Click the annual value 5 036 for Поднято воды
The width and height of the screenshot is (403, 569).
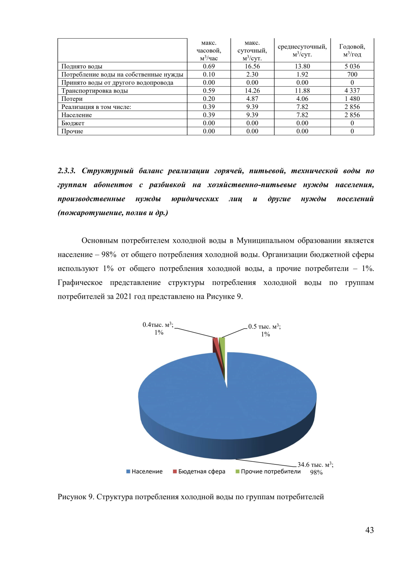pos(352,66)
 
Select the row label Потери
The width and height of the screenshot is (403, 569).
pos(72,99)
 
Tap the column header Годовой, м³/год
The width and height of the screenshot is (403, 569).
pos(352,50)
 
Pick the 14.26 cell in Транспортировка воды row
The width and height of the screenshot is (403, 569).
pos(252,91)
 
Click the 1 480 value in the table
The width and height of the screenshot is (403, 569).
pos(352,99)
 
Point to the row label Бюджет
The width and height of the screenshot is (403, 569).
pos(73,123)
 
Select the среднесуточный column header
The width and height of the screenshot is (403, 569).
pos(302,50)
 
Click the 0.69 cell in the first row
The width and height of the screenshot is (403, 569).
pos(209,66)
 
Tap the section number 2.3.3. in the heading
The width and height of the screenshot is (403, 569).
pos(66,171)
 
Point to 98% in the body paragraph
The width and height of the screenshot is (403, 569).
pos(108,254)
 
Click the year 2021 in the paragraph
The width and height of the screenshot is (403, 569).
pos(124,296)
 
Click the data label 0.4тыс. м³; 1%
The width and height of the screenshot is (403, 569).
pos(158,329)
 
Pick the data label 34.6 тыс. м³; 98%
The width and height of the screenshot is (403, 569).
pos(315,468)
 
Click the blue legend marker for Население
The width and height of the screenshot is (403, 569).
pos(128,471)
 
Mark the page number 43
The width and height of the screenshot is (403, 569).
pos(369,530)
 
